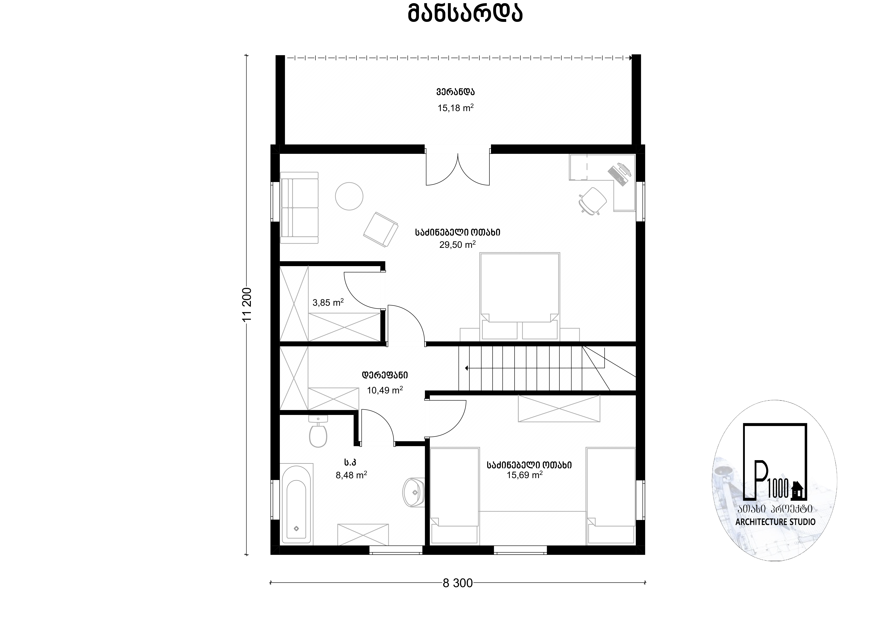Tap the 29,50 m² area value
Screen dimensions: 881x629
457,244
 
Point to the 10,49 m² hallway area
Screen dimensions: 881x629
385,390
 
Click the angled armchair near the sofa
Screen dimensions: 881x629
381,229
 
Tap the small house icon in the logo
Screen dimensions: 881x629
796,490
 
